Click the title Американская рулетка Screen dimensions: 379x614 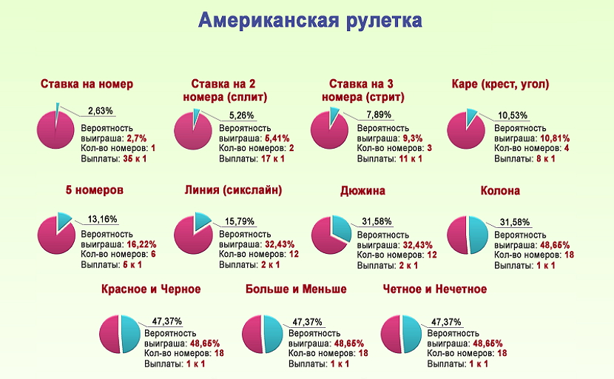310,21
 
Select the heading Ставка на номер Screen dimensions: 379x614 87,84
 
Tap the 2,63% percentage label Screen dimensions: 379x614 101,111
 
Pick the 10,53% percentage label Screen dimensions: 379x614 513,115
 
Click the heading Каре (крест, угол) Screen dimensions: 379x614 500,84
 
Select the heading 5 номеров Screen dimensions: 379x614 94,190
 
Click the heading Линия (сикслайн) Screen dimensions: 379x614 233,190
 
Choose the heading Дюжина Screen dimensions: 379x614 362,190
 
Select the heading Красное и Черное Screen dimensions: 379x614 151,289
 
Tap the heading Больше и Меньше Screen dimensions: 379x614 296,289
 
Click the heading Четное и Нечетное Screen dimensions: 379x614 435,289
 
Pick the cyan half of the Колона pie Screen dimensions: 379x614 478,235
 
